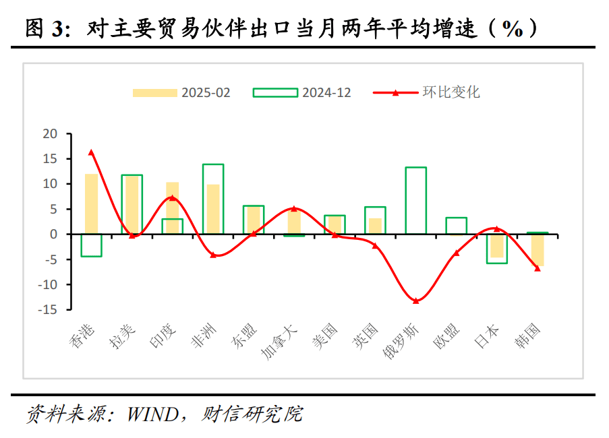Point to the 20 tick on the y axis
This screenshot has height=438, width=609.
pyautogui.click(x=51, y=133)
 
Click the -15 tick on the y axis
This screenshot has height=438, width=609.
pyautogui.click(x=49, y=309)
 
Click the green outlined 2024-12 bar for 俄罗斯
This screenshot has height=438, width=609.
pyautogui.click(x=415, y=200)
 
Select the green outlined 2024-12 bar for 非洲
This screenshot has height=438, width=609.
pyautogui.click(x=213, y=199)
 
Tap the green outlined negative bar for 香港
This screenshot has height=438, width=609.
pyautogui.click(x=91, y=245)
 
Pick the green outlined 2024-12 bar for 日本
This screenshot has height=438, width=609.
pyautogui.click(x=496, y=248)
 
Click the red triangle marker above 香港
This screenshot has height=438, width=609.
pyautogui.click(x=91, y=152)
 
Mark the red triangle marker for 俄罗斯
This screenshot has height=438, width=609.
pyautogui.click(x=415, y=301)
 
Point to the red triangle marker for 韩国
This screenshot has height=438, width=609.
pyautogui.click(x=537, y=268)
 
